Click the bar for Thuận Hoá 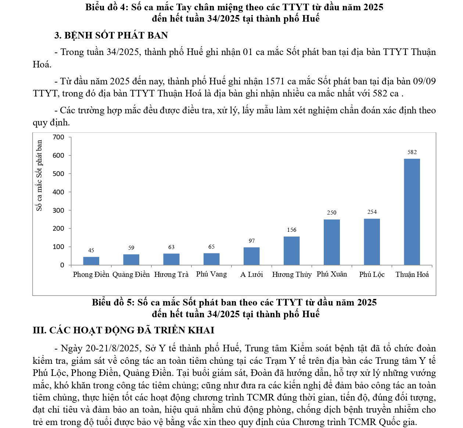pos(412,212)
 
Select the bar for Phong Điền pos(91,261)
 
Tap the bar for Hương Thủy pos(292,250)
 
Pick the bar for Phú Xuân pos(332,242)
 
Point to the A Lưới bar pos(252,256)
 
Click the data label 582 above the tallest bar pos(412,152)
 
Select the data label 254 pos(372,212)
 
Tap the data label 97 pos(252,241)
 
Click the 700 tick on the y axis pos(58,137)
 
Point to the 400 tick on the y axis pos(58,192)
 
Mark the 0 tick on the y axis pos(62,265)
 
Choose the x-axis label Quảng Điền pos(131,274)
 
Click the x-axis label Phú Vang pos(211,274)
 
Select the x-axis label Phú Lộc pos(372,274)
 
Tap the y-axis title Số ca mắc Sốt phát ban pos(39,176)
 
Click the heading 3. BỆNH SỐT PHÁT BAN pos(111,35)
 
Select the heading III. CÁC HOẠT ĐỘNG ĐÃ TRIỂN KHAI pos(123,330)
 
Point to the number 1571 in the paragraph pos(275,81)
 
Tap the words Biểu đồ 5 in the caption pos(113,302)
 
